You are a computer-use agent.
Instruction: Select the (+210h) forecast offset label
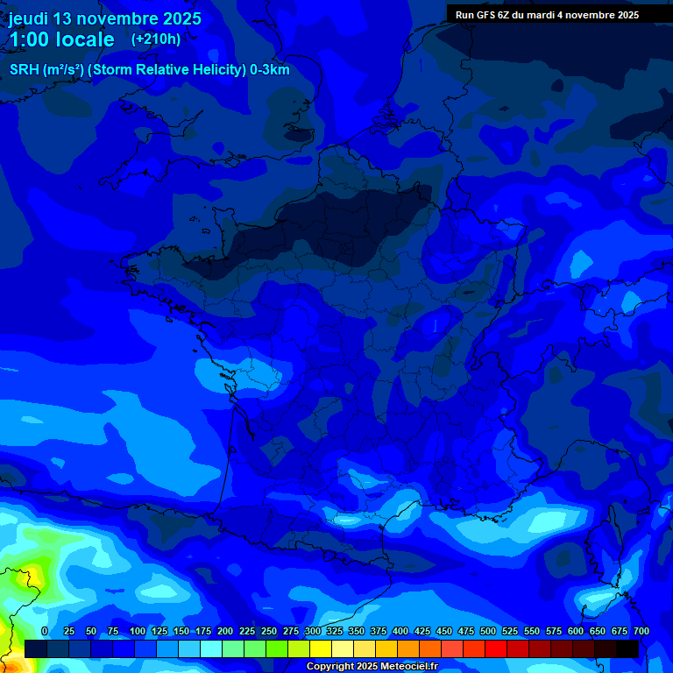click(156, 39)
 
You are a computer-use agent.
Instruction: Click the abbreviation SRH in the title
click(25, 70)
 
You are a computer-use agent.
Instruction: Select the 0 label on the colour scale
click(45, 631)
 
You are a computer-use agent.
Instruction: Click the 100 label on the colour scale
click(137, 631)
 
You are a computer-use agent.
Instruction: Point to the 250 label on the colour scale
click(268, 631)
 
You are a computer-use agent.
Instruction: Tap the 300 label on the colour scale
click(312, 631)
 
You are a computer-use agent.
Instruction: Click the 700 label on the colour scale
click(641, 631)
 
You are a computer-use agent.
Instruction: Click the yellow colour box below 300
click(321, 648)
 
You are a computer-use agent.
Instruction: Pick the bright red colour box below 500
click(496, 648)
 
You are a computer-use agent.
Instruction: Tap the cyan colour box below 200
click(233, 648)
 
